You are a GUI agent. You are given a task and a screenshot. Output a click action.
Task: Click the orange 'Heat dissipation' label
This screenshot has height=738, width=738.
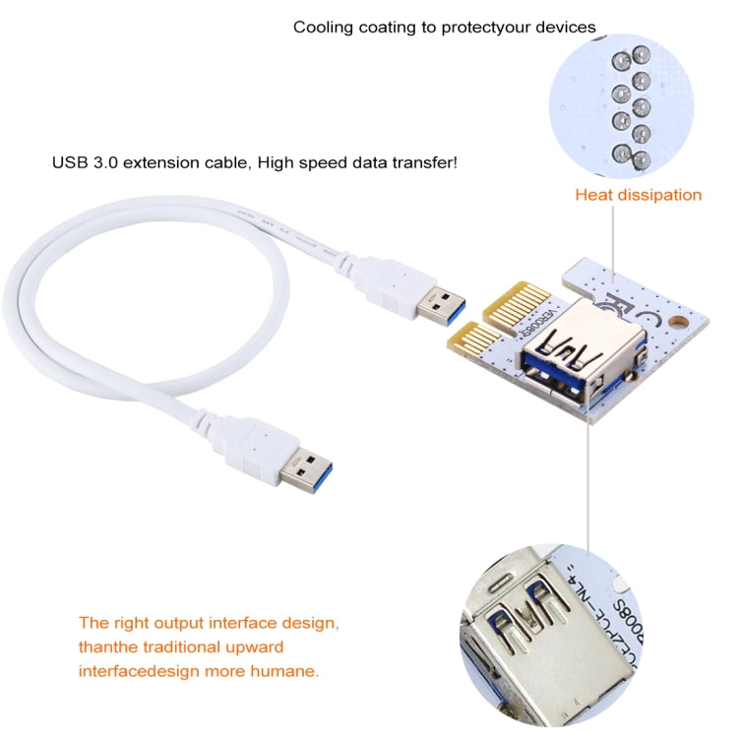point(638,195)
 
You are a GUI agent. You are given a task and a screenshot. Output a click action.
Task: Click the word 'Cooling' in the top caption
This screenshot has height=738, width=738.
point(324,28)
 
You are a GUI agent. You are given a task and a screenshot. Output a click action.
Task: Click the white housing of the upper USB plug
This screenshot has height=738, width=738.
point(392,283)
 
